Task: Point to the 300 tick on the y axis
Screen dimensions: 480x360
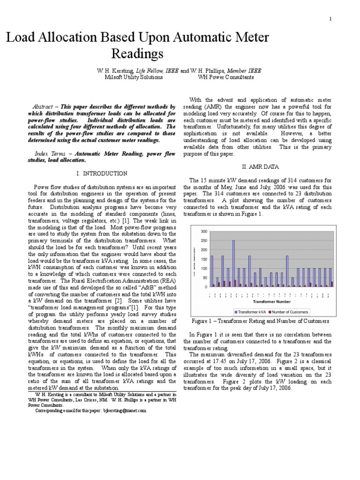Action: pyautogui.click(x=203, y=232)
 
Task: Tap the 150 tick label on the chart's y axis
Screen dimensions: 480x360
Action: pyautogui.click(x=203, y=259)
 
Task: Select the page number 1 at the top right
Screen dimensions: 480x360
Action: pyautogui.click(x=330, y=19)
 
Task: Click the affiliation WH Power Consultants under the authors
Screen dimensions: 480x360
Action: pyautogui.click(x=226, y=77)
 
